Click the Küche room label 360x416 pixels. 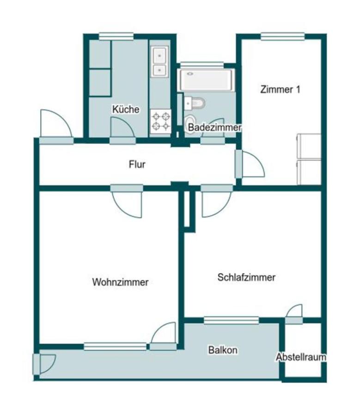[x=125, y=110]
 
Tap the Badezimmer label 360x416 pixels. [x=216, y=127]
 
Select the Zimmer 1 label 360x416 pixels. [x=280, y=90]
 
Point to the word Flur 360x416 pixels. [x=137, y=164]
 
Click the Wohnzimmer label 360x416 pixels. [x=120, y=282]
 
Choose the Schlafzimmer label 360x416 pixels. [x=246, y=277]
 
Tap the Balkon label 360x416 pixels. [x=223, y=350]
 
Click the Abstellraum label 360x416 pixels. [x=301, y=357]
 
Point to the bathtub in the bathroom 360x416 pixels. [x=206, y=80]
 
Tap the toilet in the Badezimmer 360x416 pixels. [x=196, y=103]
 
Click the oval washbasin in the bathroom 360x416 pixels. [x=190, y=124]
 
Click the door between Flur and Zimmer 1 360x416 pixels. [x=250, y=165]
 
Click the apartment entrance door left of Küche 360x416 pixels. [x=55, y=126]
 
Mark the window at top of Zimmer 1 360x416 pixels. [x=282, y=37]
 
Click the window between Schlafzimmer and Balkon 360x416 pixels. [x=231, y=320]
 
